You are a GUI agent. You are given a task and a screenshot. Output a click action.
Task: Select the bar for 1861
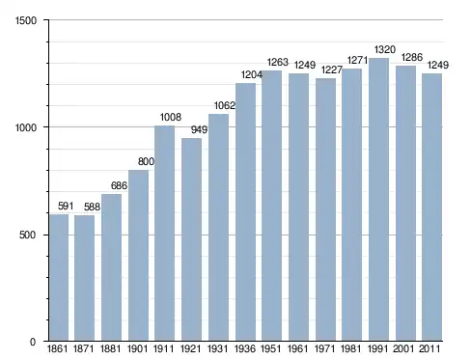59,277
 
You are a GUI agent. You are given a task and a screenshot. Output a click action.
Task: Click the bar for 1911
164,234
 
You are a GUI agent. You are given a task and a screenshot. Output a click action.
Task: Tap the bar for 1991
378,200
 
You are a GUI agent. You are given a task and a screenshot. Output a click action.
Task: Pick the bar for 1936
245,212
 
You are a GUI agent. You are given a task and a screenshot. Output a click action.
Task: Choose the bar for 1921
191,239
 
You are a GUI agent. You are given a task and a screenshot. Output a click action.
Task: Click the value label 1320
385,49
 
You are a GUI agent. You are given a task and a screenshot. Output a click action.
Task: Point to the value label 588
92,207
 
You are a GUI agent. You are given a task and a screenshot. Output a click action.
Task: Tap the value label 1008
171,117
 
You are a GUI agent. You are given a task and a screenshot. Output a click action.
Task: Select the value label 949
199,129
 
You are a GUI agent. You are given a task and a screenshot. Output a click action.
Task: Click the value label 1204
252,74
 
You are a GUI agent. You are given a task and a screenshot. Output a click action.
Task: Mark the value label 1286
412,57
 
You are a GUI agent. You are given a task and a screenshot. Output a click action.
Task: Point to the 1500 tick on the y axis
26,20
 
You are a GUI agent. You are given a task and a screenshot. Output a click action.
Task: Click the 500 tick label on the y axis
27,235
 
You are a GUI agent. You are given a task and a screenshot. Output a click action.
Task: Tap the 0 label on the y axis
33,342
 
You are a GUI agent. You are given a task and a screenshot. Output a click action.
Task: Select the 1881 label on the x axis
110,348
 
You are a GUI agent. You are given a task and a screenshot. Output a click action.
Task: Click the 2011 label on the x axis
429,348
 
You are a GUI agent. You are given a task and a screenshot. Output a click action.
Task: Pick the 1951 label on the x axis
270,348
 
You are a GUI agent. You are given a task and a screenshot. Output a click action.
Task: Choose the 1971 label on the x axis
324,348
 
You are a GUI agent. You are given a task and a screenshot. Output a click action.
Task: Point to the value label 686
119,185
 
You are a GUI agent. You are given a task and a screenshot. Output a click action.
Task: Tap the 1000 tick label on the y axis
26,127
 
